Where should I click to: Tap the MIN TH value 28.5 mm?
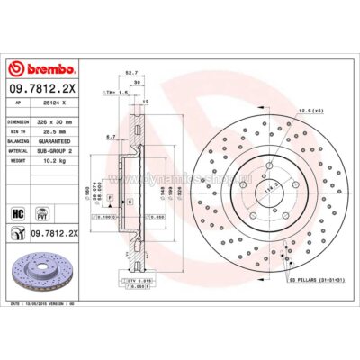coord(50,129)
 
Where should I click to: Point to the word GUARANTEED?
coord(56,139)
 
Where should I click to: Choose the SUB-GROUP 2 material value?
coord(57,150)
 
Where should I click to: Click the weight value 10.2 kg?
coord(50,161)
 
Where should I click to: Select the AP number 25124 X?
coord(50,103)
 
